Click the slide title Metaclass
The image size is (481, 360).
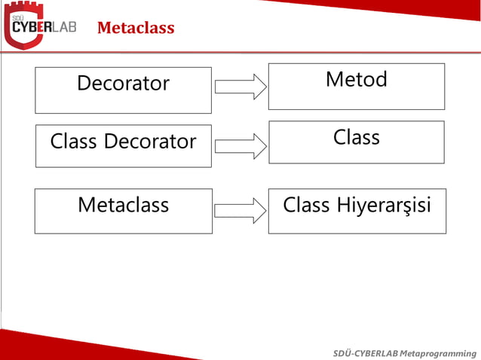136,29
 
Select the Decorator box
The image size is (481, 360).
123,90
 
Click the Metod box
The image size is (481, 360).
356,87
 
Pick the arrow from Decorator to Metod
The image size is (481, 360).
240,87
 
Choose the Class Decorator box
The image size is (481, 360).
123,145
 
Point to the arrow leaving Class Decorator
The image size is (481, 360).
240,145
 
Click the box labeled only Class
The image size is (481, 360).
356,142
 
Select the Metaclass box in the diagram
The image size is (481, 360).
123,212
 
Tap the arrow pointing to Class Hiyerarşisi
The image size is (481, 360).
240,210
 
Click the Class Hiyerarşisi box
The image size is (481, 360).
357,211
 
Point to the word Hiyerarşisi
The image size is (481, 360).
384,205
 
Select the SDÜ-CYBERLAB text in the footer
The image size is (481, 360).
366,353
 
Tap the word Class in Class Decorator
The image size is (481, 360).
74,142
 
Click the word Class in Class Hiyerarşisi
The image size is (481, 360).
307,205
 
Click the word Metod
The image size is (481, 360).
356,79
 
